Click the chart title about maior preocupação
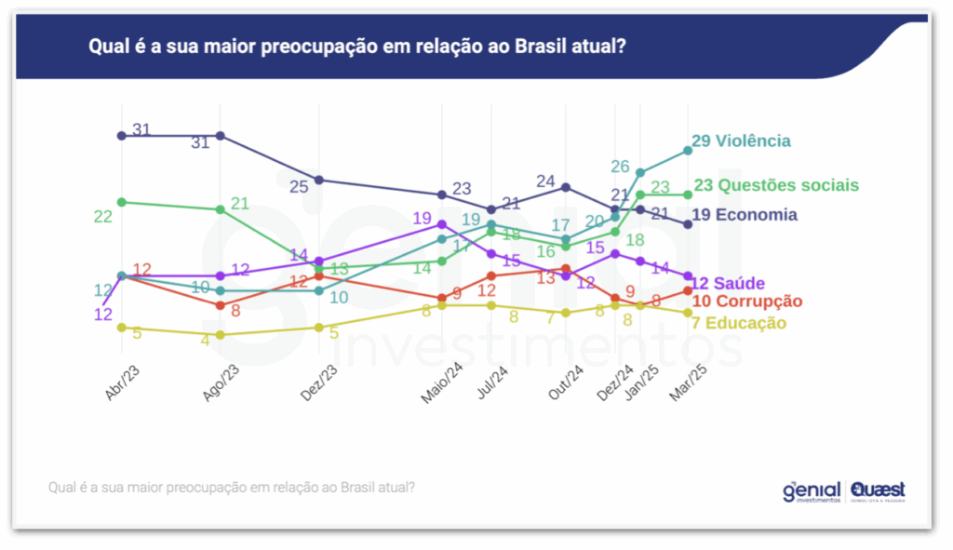coord(356,47)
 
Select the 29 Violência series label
coord(741,141)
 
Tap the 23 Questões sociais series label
coord(775,185)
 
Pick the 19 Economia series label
coord(745,215)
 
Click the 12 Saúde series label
coord(728,283)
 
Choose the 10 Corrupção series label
coord(747,302)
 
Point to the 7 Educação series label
coord(740,323)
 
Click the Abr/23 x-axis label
coord(124,382)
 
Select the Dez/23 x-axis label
coord(320,382)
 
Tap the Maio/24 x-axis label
coord(441,382)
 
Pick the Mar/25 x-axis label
coord(687,382)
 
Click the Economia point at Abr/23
coord(121,136)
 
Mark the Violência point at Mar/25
coord(688,150)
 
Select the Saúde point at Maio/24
coord(441,224)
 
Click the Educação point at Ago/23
coord(220,335)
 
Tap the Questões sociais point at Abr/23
coord(121,202)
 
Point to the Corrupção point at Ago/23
coord(220,305)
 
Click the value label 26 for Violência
coord(621,167)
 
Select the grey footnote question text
coord(231,487)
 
